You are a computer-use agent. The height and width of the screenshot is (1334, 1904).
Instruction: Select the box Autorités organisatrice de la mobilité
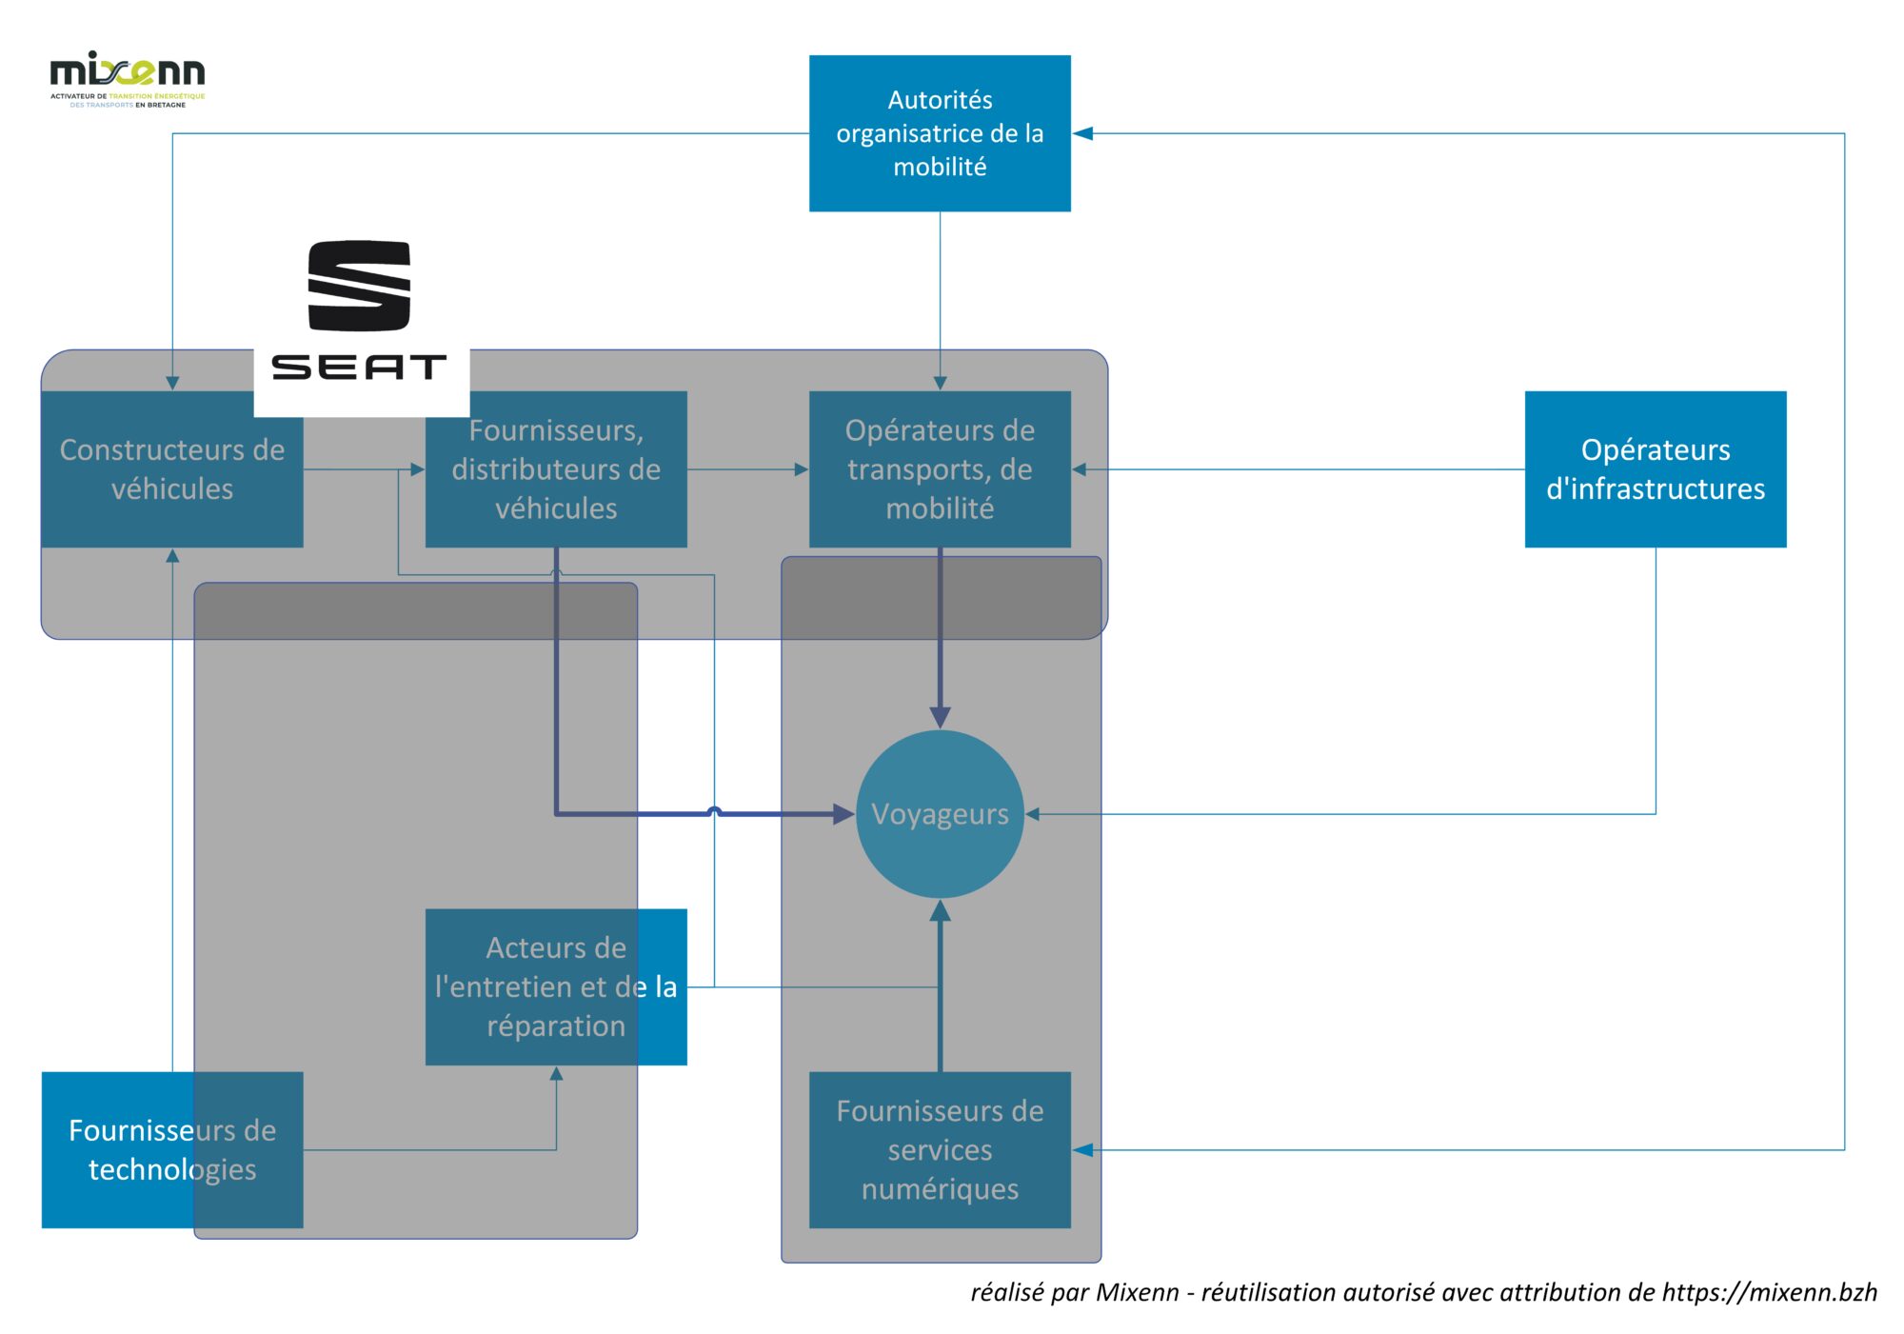pyautogui.click(x=940, y=133)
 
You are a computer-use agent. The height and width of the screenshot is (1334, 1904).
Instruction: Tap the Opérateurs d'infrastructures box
pyautogui.click(x=1655, y=468)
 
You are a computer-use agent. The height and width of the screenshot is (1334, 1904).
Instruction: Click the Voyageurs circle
pyautogui.click(x=940, y=814)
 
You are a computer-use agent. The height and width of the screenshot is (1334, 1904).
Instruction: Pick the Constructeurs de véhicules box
pyautogui.click(x=172, y=468)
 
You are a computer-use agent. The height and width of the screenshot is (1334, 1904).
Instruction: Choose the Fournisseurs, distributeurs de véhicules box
pyautogui.click(x=556, y=468)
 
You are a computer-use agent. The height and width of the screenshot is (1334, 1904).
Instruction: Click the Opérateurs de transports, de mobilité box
pyautogui.click(x=940, y=468)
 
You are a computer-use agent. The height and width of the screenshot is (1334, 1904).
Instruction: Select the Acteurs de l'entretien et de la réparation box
pyautogui.click(x=556, y=986)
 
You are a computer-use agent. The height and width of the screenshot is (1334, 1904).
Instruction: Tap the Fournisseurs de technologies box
pyautogui.click(x=172, y=1149)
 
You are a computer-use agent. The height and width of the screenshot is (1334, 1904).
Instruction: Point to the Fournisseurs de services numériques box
pyautogui.click(x=940, y=1149)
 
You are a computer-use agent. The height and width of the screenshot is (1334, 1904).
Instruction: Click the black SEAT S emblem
pyautogui.click(x=359, y=286)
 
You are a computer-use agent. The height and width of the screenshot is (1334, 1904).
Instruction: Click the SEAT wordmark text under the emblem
pyautogui.click(x=359, y=368)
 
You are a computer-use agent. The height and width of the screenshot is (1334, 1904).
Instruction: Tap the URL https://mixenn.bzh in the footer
pyautogui.click(x=1769, y=1292)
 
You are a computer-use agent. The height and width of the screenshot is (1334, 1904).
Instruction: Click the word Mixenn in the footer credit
pyautogui.click(x=1137, y=1292)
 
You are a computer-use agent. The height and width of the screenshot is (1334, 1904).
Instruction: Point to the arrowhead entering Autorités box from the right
pyautogui.click(x=1082, y=133)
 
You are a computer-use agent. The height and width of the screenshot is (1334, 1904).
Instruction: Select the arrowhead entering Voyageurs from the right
pyautogui.click(x=1033, y=814)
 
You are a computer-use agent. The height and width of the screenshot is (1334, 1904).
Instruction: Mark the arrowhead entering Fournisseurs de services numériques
pyautogui.click(x=1082, y=1149)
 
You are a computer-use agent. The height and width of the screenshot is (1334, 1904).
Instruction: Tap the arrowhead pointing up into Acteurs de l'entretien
pyautogui.click(x=556, y=1074)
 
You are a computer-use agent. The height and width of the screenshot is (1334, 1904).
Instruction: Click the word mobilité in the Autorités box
pyautogui.click(x=940, y=168)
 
